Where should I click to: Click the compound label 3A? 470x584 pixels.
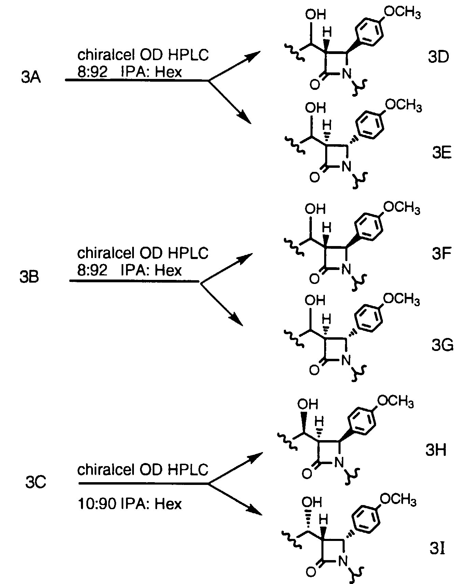tap(31, 78)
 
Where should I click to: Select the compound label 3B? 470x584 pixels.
tap(29, 277)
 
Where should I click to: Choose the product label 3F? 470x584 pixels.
tap(442, 254)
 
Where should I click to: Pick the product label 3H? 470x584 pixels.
tap(436, 451)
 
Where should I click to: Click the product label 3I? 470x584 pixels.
tap(438, 550)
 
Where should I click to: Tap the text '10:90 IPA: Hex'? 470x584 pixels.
tap(130, 504)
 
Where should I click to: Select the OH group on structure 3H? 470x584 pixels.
tap(308, 404)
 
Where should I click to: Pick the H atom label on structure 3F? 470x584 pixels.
tap(327, 228)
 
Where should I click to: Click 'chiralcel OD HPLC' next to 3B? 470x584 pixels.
tap(142, 253)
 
